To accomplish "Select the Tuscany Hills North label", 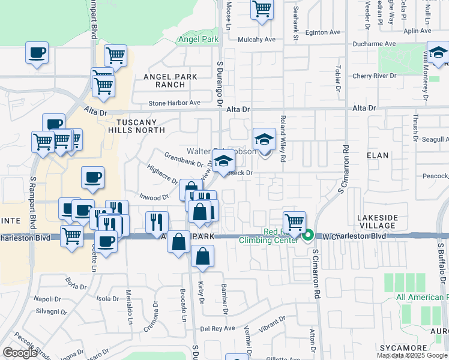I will point(136,125).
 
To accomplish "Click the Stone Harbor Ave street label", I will point(174,103).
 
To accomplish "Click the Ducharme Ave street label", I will point(374,44).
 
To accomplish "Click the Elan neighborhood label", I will point(378,155).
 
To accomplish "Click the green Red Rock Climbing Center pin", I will point(309,235).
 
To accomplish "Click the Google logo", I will point(19,353).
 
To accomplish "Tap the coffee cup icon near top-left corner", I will point(37,52).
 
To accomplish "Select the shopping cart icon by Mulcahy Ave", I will point(262,10).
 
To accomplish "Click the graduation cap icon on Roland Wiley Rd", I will point(264,140).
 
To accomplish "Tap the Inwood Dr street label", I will point(154,197).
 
